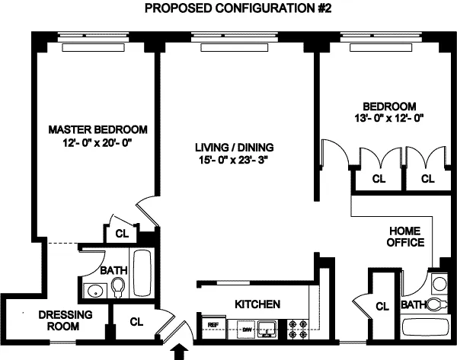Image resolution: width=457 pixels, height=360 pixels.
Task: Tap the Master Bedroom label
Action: [97, 129]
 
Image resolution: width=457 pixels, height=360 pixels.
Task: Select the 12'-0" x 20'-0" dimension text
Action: [97, 143]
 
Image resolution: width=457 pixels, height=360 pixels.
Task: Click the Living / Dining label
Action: [233, 147]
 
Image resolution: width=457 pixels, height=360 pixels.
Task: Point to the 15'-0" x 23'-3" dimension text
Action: [233, 161]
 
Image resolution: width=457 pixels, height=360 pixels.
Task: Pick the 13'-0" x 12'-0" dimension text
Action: [388, 118]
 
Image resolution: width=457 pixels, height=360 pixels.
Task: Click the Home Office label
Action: [407, 236]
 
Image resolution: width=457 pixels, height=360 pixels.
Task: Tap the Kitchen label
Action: [257, 304]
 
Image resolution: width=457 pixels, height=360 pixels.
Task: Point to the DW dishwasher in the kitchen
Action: [246, 329]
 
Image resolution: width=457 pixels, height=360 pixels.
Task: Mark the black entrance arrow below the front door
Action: [181, 351]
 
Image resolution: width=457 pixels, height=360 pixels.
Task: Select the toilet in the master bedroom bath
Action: [118, 287]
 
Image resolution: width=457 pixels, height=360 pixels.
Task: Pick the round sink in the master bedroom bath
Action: [95, 290]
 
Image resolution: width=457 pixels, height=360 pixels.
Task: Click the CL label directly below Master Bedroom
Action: [122, 234]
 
